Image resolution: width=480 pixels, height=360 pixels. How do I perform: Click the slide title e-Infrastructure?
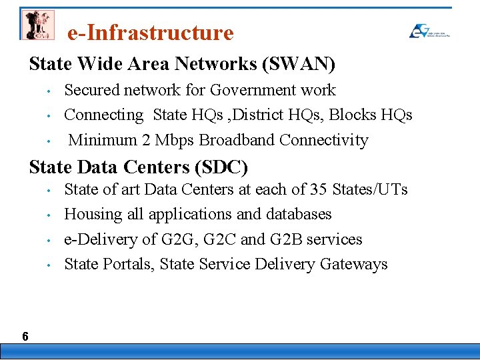[x=151, y=33]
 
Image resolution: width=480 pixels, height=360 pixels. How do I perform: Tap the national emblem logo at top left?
[x=37, y=25]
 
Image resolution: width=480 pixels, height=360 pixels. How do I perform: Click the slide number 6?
[x=25, y=337]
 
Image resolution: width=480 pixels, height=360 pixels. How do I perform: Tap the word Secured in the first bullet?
[x=91, y=90]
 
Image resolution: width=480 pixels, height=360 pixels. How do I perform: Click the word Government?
[x=253, y=90]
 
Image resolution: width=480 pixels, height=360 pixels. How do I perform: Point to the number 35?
[x=317, y=189]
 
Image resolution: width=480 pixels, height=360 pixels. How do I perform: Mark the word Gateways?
[x=354, y=265]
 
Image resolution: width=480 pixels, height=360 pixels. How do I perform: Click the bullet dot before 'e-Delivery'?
[x=50, y=240]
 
